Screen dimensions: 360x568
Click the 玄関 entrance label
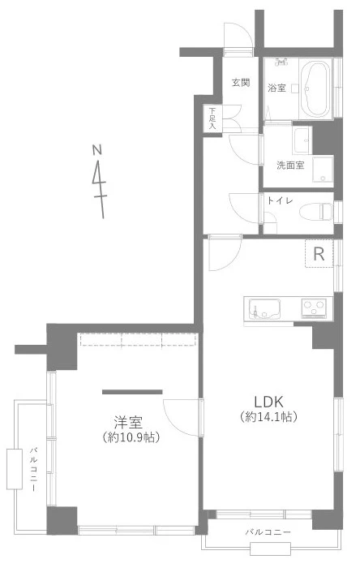pos(241,83)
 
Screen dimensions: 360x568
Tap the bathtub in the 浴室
pos(315,89)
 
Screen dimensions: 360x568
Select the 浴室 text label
pos(276,88)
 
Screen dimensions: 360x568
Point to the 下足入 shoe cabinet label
pos(212,118)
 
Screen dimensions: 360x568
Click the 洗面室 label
pos(290,166)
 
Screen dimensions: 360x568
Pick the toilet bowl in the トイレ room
pos(316,211)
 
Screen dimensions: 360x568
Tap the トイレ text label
pos(280,200)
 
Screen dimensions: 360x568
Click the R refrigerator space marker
pos(319,254)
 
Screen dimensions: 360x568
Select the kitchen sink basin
pos(264,308)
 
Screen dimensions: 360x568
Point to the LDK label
pos(268,402)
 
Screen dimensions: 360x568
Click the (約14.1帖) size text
pos(268,417)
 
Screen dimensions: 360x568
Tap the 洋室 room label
pos(128,423)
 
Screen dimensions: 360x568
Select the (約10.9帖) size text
pos(131,437)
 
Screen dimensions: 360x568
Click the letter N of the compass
pos(96,150)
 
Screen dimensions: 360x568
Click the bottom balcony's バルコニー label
pos(268,532)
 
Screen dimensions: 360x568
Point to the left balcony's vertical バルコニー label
pos(33,470)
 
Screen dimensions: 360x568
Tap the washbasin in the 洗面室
pos(302,140)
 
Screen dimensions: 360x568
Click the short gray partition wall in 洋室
pos(132,392)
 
